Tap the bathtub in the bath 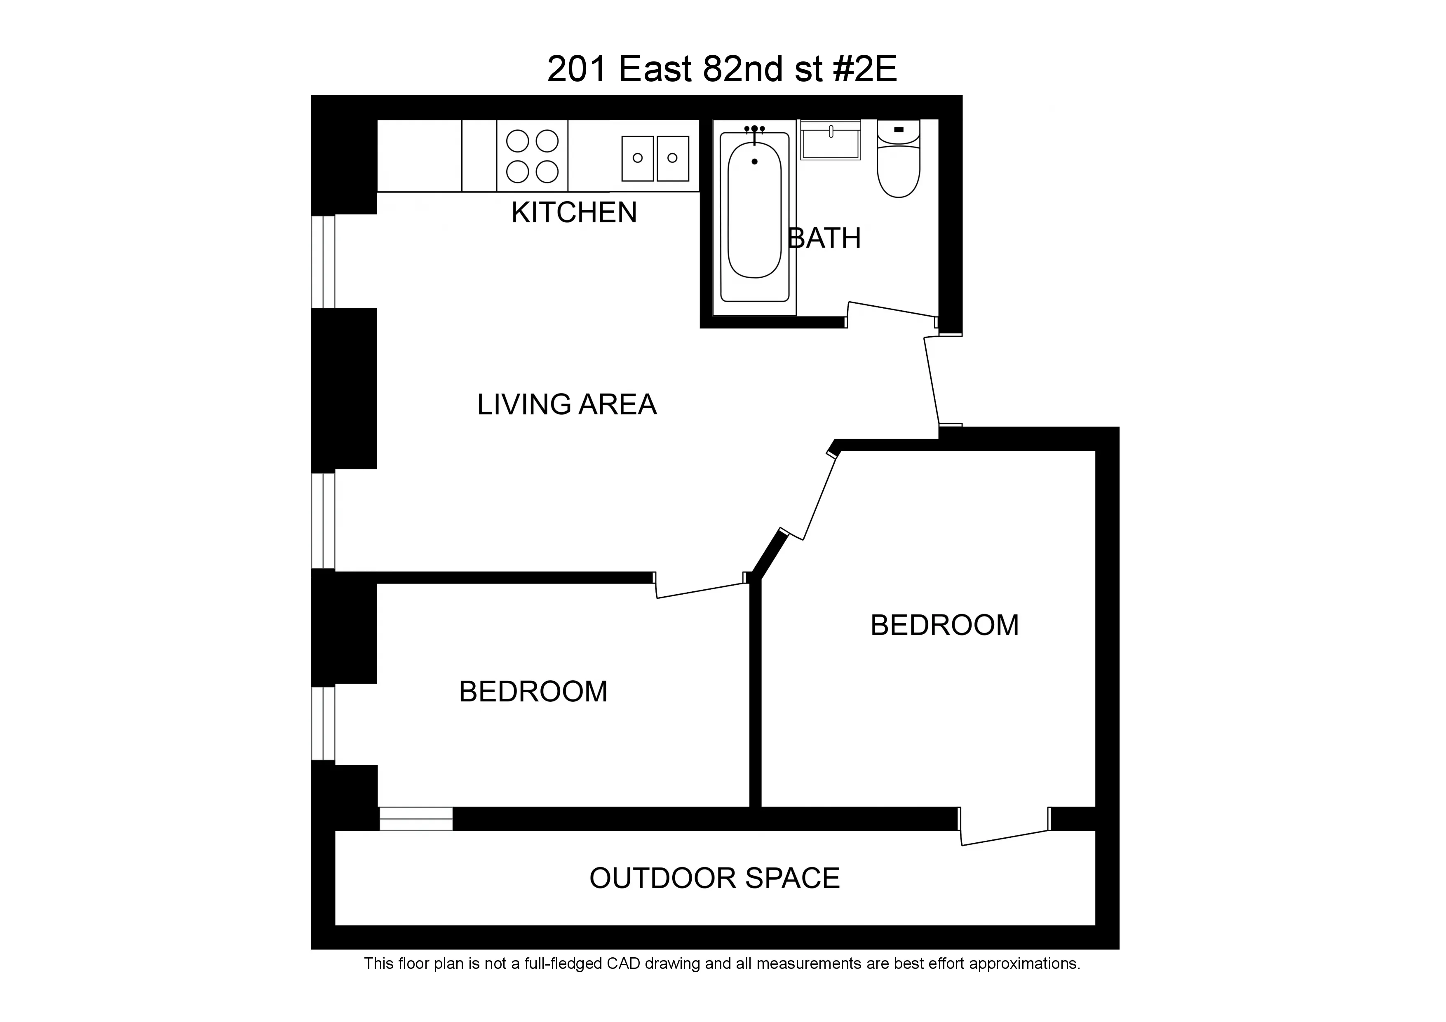point(754,214)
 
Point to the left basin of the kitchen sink point(637,158)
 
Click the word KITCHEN point(574,213)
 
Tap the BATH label point(824,239)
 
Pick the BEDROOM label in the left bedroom point(533,692)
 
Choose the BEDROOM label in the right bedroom point(944,625)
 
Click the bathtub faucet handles point(754,129)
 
